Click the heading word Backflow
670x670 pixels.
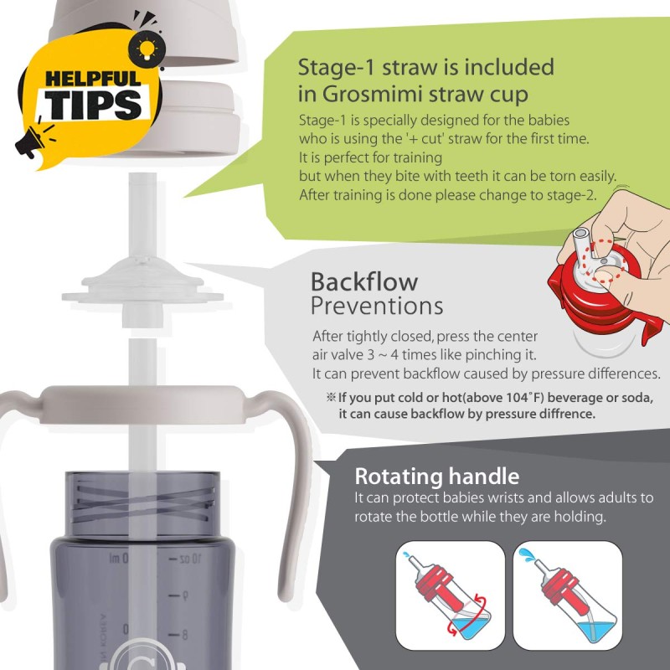click(x=363, y=281)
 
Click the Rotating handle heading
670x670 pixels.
click(x=436, y=477)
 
